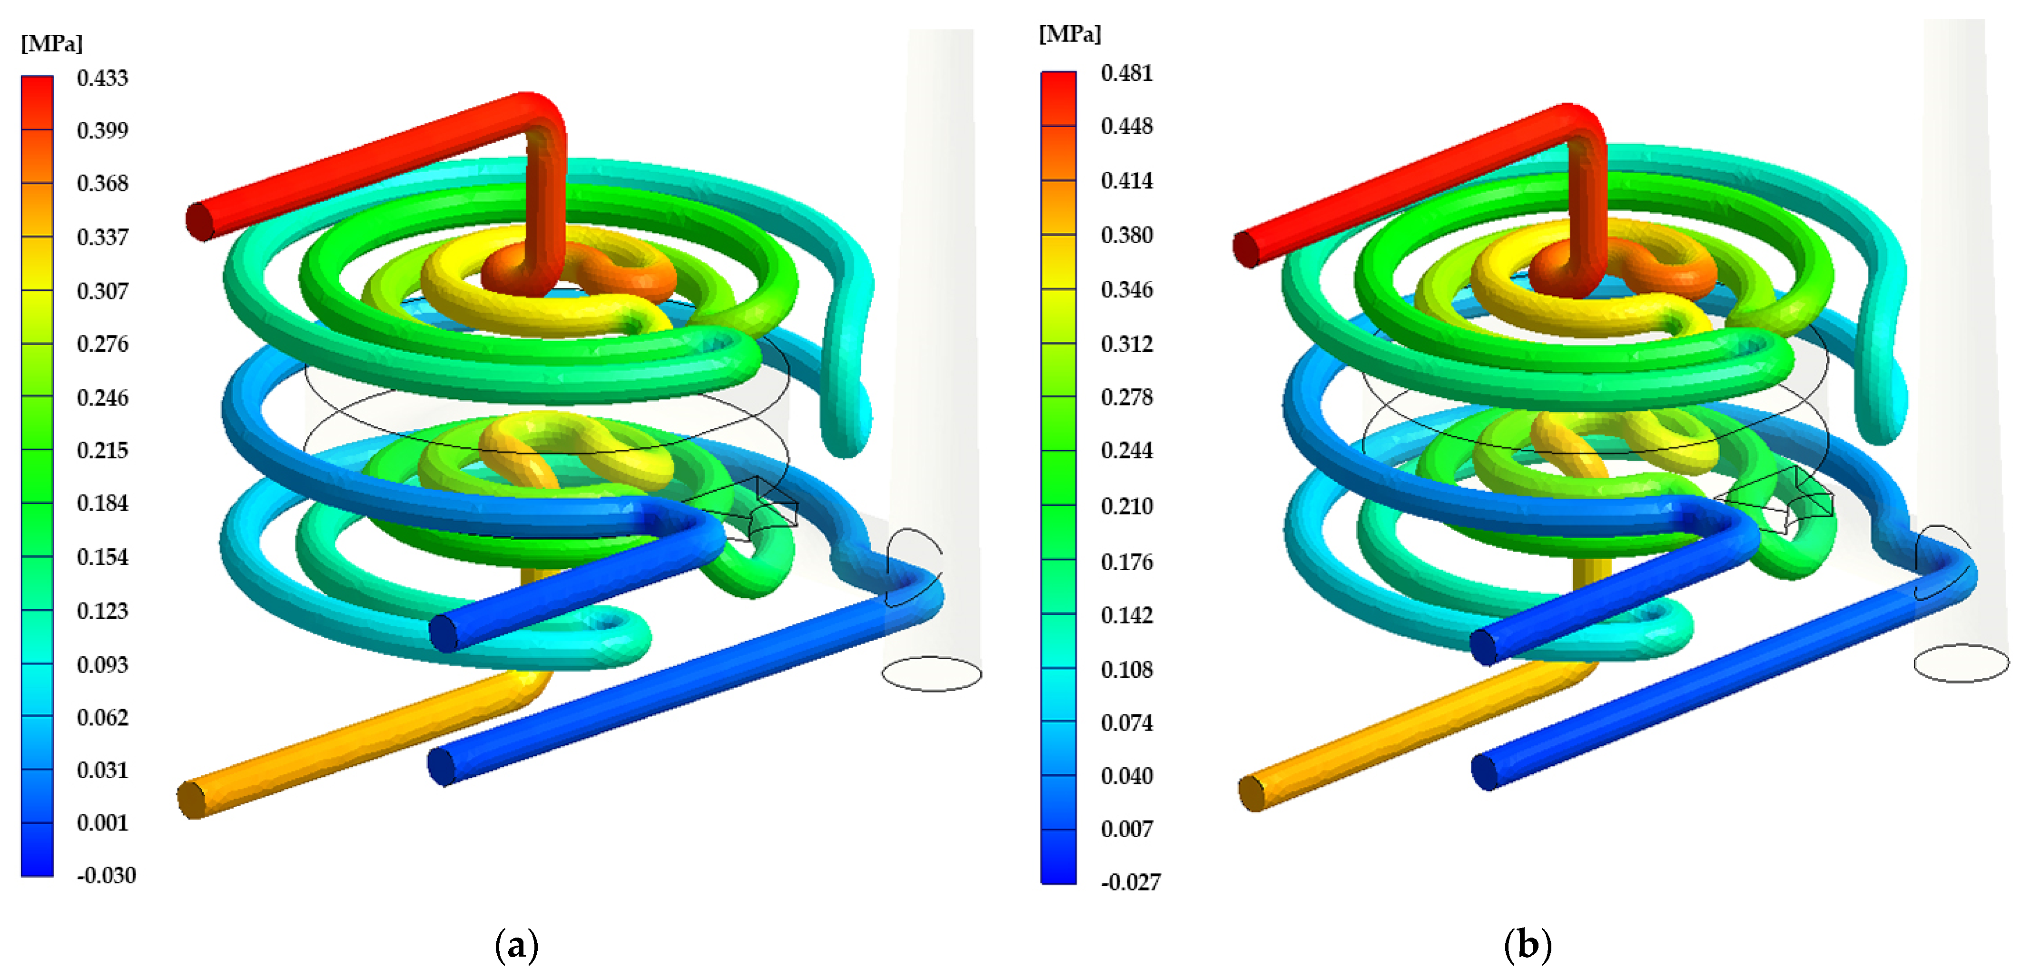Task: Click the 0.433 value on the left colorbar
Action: pyautogui.click(x=102, y=78)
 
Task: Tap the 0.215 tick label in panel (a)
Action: pyautogui.click(x=102, y=450)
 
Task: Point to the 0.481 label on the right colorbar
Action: pyautogui.click(x=1127, y=73)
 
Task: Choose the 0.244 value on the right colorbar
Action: pyautogui.click(x=1127, y=450)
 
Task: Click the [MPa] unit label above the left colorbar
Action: pyautogui.click(x=52, y=43)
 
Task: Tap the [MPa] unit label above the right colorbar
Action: pyautogui.click(x=1070, y=34)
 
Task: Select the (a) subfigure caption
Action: pyautogui.click(x=516, y=944)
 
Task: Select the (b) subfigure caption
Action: pyautogui.click(x=1527, y=944)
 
